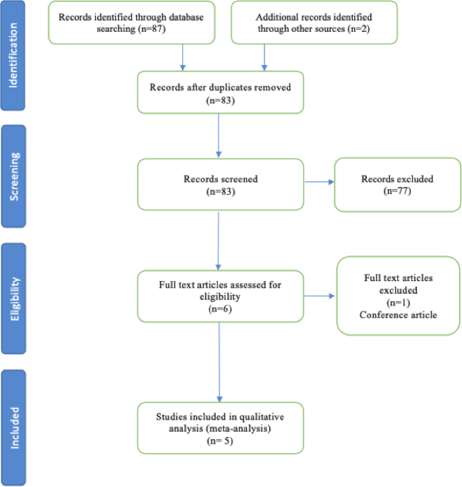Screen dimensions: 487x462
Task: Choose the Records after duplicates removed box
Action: click(x=220, y=93)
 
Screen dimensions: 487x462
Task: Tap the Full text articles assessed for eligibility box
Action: click(x=220, y=296)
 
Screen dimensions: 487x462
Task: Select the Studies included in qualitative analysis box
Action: click(x=220, y=427)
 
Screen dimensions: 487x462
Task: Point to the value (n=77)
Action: click(x=397, y=192)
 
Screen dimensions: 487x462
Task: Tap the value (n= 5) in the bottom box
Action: click(x=220, y=440)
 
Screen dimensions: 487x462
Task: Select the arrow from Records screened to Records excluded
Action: click(x=320, y=182)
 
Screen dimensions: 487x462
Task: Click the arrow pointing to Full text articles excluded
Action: click(x=320, y=296)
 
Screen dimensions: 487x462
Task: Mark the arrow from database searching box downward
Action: click(x=183, y=57)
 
